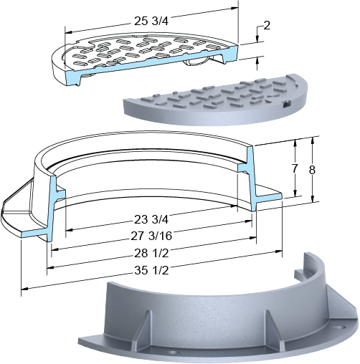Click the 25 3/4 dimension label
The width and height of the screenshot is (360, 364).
(x=151, y=21)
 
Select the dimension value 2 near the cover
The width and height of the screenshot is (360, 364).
(x=267, y=25)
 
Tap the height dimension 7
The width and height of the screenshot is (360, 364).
(x=295, y=169)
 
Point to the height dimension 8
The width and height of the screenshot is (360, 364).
(x=312, y=170)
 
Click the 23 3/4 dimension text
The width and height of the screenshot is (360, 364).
(x=151, y=220)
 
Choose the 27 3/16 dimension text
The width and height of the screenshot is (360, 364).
(x=151, y=236)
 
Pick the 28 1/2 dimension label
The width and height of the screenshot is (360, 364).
(x=151, y=253)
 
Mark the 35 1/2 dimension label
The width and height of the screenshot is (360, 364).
(x=151, y=270)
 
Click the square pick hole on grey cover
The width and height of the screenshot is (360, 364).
(x=286, y=104)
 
